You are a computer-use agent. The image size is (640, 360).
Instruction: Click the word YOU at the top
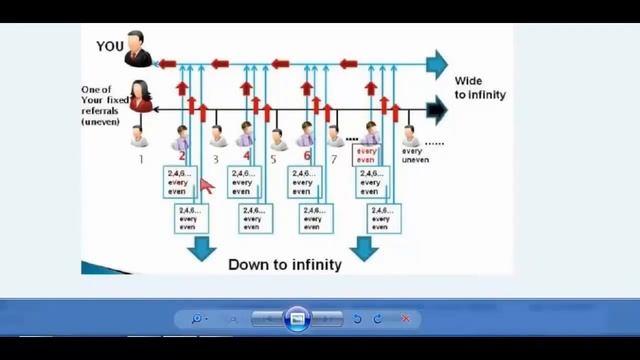(110, 46)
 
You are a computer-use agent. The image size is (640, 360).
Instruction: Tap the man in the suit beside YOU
(139, 50)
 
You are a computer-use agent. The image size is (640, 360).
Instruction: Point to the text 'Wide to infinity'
(480, 87)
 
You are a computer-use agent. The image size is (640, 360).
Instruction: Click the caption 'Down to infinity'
(285, 265)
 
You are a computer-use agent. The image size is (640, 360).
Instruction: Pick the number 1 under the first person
(141, 158)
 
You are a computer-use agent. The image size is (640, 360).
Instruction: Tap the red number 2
(182, 156)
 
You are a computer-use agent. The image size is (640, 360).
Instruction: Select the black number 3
(215, 158)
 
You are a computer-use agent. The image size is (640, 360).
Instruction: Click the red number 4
(246, 156)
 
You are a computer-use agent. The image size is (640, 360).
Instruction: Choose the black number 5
(274, 158)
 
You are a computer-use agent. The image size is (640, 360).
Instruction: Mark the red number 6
(307, 156)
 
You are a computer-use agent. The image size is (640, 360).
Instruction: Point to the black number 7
(335, 158)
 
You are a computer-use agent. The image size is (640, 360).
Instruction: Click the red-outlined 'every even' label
(366, 156)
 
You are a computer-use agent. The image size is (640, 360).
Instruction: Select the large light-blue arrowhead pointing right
(436, 64)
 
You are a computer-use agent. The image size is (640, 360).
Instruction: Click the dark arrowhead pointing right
(436, 108)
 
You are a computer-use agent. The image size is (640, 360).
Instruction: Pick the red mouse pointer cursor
(206, 184)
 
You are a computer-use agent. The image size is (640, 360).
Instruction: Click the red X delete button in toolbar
(405, 319)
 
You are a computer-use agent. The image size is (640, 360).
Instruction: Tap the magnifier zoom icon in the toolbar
(196, 319)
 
